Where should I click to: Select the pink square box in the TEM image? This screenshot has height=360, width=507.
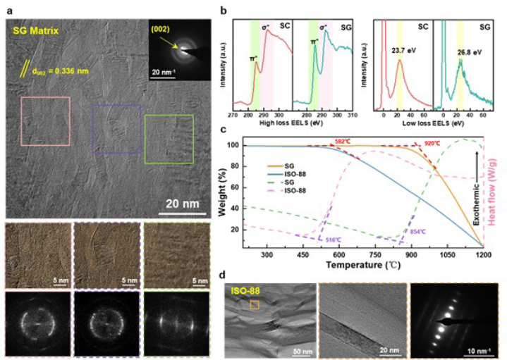pyautogui.click(x=46, y=123)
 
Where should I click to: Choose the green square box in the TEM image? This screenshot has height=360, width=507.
pyautogui.click(x=169, y=139)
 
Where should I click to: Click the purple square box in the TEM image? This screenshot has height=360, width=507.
pyautogui.click(x=116, y=129)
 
